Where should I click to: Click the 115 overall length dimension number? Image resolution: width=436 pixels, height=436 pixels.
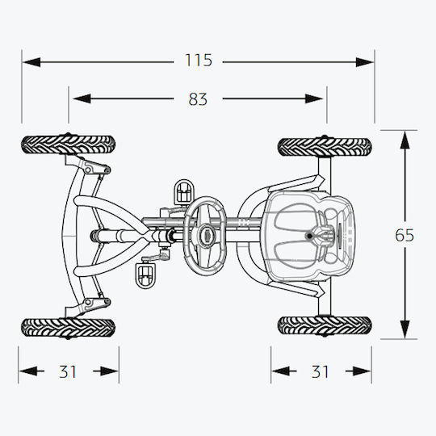pos(199,60)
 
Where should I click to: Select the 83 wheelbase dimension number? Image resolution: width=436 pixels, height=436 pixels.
pos(198,99)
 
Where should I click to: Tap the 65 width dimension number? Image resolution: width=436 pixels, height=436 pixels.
pos(405,235)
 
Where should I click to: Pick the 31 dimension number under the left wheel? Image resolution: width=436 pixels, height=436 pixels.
pos(68,371)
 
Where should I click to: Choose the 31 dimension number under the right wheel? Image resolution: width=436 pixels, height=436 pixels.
pos(320,371)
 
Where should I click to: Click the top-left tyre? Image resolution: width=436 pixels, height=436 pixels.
pos(69,145)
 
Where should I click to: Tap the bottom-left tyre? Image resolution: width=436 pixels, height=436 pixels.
pos(69,327)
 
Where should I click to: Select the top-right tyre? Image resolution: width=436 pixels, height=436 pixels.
pos(325,146)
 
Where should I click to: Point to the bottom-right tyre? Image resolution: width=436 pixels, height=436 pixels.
pos(325,325)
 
